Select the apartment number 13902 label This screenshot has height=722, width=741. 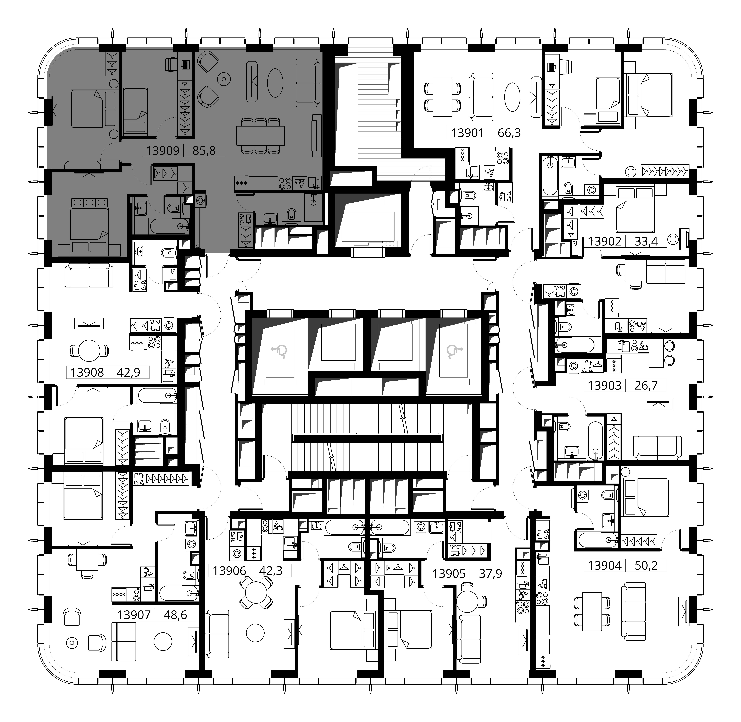pyautogui.click(x=605, y=241)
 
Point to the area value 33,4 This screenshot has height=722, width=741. pyautogui.click(x=646, y=241)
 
